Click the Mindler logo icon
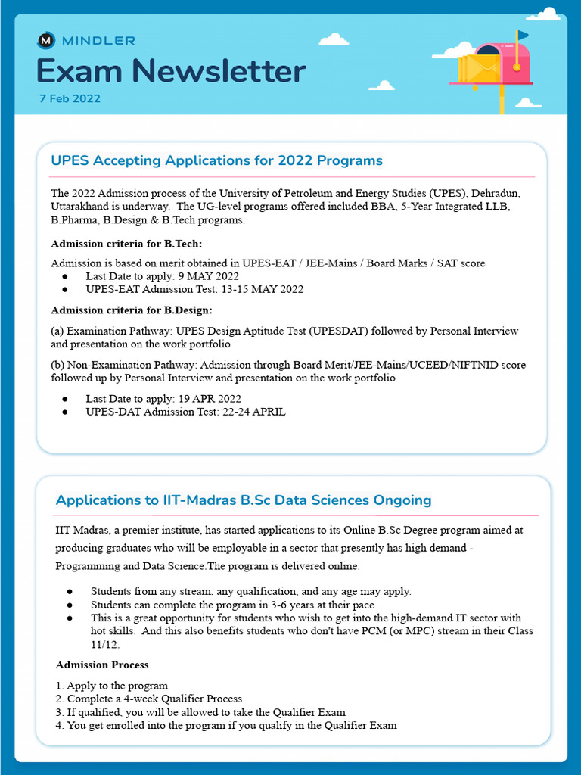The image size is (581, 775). [46, 40]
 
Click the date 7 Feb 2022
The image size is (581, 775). [70, 98]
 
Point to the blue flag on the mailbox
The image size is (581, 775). [523, 35]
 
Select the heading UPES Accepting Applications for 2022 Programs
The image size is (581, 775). [216, 160]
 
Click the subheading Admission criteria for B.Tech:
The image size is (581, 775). [126, 244]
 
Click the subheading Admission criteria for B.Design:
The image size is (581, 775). [131, 310]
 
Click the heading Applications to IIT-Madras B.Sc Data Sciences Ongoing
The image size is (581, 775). [244, 500]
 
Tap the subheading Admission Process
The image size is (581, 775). [102, 665]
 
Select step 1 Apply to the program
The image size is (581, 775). [112, 686]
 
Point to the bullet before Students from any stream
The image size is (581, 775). [70, 591]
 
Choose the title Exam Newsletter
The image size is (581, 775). [171, 71]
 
